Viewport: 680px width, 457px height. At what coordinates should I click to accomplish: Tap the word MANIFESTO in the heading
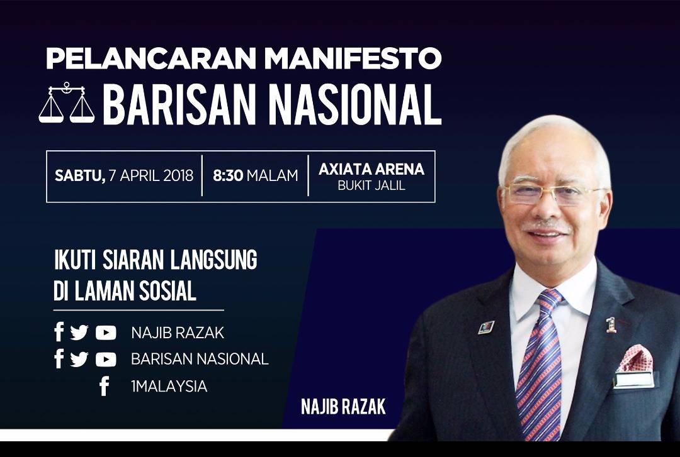click(353, 59)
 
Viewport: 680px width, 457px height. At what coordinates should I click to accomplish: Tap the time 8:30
click(227, 176)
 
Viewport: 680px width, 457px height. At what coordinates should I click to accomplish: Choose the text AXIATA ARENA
click(371, 169)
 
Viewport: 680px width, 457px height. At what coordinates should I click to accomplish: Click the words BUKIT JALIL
click(371, 186)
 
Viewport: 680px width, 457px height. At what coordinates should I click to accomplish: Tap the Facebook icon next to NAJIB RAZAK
click(59, 332)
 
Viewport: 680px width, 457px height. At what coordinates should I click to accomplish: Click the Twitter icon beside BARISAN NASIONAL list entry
click(80, 359)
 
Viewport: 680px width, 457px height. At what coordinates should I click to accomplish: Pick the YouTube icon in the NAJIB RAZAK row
click(106, 333)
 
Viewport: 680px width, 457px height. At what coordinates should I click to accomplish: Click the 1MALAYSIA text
click(169, 387)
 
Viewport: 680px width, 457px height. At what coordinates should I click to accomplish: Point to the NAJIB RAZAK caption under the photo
click(343, 407)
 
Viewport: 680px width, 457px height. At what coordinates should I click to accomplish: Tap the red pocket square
click(635, 358)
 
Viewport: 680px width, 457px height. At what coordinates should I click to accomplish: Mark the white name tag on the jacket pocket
click(633, 380)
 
